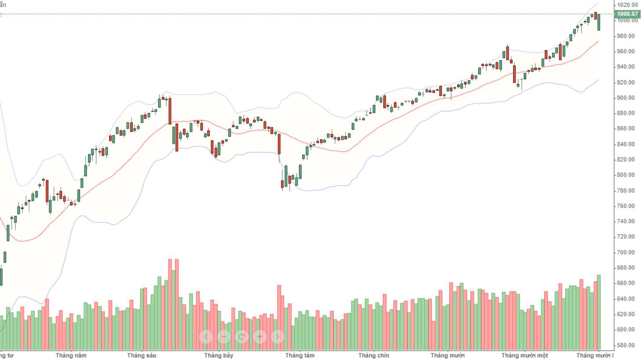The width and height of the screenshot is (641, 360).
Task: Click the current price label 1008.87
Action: pos(627,14)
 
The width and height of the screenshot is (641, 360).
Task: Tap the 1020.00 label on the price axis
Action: pos(627,5)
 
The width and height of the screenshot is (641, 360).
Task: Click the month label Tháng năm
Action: pos(71,355)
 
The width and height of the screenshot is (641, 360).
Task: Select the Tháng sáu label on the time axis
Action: pos(142,355)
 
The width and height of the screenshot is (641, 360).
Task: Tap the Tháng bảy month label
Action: pos(219,355)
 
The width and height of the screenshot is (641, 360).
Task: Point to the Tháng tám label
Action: pos(300,355)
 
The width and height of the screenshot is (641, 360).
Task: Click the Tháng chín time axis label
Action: pos(374,355)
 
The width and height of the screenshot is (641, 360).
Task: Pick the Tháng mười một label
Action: pos(524,355)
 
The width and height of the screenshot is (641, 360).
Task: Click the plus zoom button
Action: pos(259,337)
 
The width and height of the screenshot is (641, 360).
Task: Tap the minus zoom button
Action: pos(224,337)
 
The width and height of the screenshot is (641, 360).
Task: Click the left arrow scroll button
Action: pos(206,337)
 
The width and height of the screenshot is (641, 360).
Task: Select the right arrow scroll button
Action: pos(277,337)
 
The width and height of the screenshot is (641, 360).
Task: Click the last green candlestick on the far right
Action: pos(599,22)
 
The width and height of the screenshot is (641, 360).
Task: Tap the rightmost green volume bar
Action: pos(599,312)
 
